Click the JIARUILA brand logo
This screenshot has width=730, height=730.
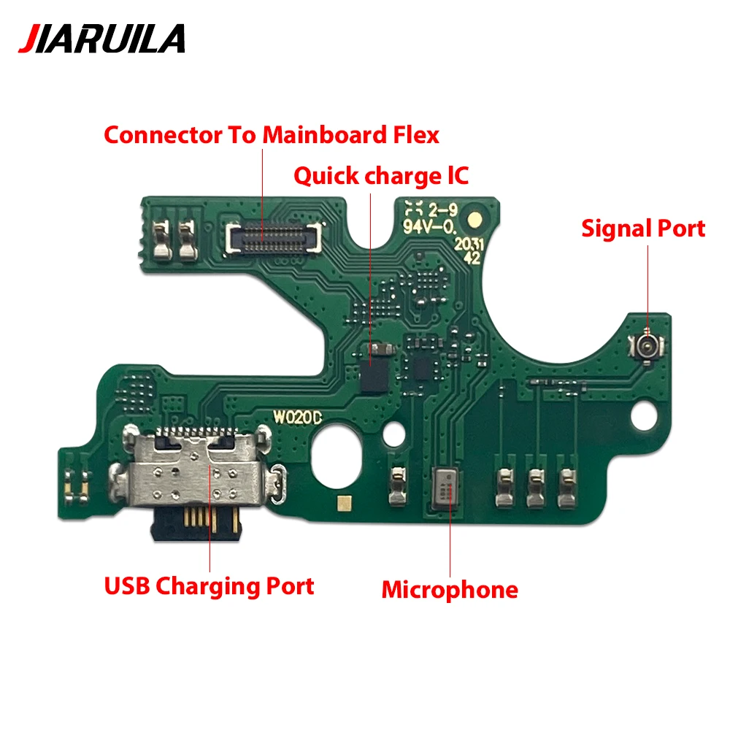pyautogui.click(x=101, y=38)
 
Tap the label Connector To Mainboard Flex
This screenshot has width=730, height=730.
pyautogui.click(x=272, y=135)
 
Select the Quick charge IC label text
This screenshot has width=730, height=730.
pyautogui.click(x=381, y=176)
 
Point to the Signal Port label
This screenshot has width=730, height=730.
pyautogui.click(x=643, y=228)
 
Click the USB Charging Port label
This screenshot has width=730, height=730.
pyautogui.click(x=209, y=586)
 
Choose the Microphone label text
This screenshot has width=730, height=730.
pyautogui.click(x=450, y=590)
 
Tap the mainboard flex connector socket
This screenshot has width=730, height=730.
pyautogui.click(x=273, y=237)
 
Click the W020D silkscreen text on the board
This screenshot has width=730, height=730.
pyautogui.click(x=297, y=417)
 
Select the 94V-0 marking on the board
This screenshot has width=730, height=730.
pyautogui.click(x=429, y=227)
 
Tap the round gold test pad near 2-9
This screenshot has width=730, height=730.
pyautogui.click(x=475, y=219)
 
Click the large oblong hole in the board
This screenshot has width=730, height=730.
pyautogui.click(x=336, y=457)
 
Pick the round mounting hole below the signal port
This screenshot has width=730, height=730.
pyautogui.click(x=644, y=416)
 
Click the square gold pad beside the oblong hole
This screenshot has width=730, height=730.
pyautogui.click(x=345, y=503)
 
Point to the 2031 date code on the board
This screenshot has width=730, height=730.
pyautogui.click(x=469, y=244)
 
